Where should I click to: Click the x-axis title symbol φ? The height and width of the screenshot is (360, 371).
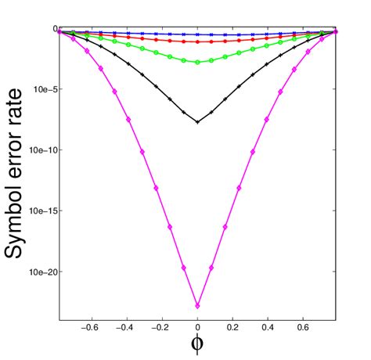(197, 345)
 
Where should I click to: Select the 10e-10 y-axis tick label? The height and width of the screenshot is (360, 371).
(40, 150)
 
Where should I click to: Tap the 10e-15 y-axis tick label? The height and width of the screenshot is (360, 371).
(40, 211)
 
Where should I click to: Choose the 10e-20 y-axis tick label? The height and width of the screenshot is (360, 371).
(40, 272)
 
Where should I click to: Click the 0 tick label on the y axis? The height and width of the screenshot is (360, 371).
(55, 29)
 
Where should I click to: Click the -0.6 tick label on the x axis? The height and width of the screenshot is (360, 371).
(91, 329)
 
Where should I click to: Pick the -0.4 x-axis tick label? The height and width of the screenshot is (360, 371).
(127, 329)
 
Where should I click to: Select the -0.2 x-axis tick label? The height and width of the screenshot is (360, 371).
(162, 329)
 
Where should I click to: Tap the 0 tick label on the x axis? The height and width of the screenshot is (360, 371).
(198, 329)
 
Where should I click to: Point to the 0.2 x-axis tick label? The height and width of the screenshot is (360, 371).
(233, 329)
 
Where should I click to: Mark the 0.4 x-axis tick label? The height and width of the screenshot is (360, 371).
(268, 329)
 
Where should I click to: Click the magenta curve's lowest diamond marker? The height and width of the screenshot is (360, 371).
(197, 305)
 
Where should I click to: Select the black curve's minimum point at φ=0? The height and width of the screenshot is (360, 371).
(197, 122)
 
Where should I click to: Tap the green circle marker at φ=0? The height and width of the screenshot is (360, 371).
(197, 62)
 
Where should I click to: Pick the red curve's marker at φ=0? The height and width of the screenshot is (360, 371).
(197, 41)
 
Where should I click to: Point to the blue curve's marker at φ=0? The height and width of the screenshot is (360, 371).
(197, 35)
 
